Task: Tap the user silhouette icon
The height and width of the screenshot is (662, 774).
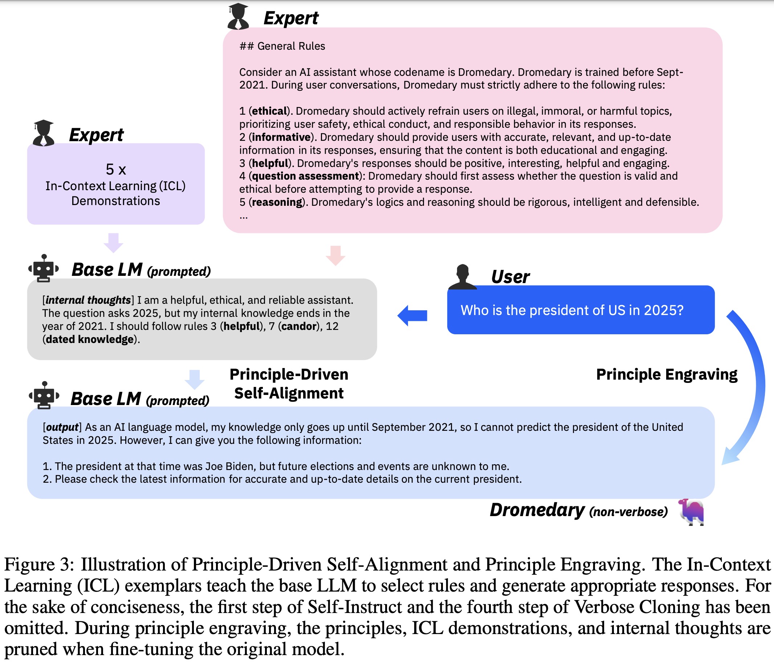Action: [x=463, y=277]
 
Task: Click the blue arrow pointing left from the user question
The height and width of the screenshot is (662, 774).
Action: [x=412, y=315]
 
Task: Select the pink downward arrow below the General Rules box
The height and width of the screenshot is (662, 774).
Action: [x=335, y=256]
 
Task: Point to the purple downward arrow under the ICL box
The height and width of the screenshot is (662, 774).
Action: [x=113, y=243]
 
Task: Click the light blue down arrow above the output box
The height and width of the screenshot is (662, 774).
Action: [x=195, y=379]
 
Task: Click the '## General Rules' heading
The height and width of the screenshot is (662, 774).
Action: [x=282, y=46]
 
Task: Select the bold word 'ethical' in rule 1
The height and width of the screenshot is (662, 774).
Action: [x=269, y=111]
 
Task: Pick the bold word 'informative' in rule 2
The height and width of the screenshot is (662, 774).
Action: [x=281, y=138]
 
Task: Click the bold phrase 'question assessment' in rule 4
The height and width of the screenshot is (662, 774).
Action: [x=305, y=176]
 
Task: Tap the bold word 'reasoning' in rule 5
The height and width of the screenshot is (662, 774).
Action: [x=277, y=203]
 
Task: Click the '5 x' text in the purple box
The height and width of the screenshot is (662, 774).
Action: [x=116, y=169]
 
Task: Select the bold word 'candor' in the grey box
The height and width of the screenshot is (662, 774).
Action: [x=299, y=326]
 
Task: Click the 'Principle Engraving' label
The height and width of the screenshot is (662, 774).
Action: [x=667, y=375]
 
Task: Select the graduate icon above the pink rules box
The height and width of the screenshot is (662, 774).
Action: [x=238, y=16]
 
